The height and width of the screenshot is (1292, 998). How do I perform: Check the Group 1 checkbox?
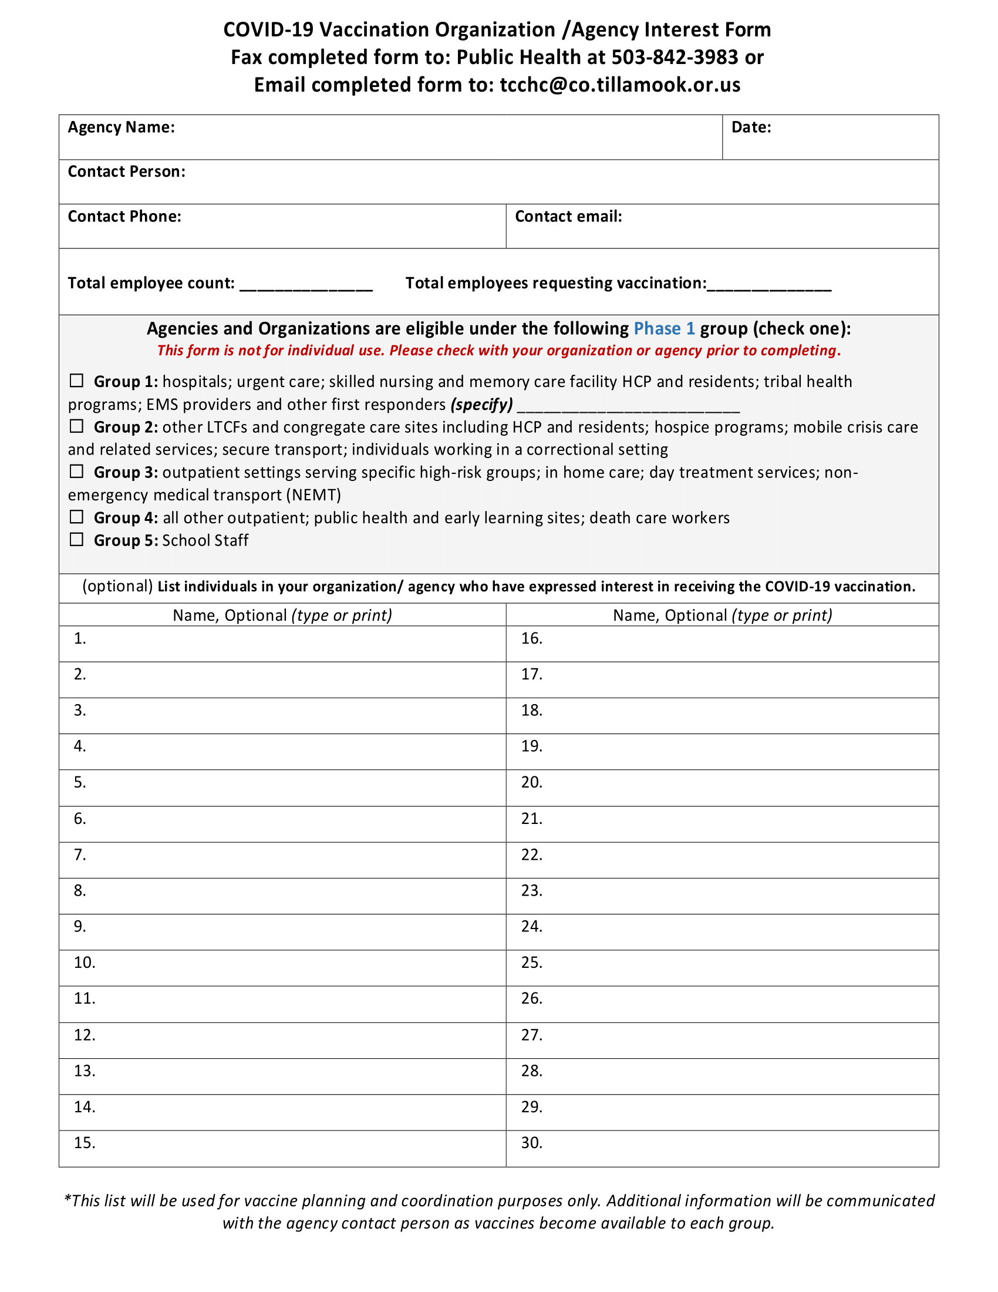coord(76,381)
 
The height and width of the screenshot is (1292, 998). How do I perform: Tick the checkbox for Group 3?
coord(76,472)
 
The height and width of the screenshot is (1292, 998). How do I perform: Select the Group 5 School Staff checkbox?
coord(76,540)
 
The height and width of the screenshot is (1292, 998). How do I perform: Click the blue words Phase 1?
coord(663,328)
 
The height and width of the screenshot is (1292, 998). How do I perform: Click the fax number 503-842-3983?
coord(675,58)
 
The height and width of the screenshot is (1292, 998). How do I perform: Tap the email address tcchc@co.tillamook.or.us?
coord(619,85)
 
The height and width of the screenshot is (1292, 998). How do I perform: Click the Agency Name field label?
coord(121,127)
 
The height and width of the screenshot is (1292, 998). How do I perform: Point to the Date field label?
coord(751,127)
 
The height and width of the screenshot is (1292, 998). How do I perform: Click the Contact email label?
coord(568,217)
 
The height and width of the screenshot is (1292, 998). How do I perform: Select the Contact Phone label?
coord(124,217)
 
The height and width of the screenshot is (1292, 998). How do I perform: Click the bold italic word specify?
coord(481,405)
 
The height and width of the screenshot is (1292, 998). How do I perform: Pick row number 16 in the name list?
coord(531,638)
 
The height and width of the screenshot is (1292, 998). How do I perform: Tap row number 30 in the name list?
coord(531,1143)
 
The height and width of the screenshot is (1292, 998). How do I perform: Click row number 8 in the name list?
coord(80,890)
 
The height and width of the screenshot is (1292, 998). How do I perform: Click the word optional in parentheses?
coord(117,586)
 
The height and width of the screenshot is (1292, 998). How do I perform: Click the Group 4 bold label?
coord(126,517)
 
